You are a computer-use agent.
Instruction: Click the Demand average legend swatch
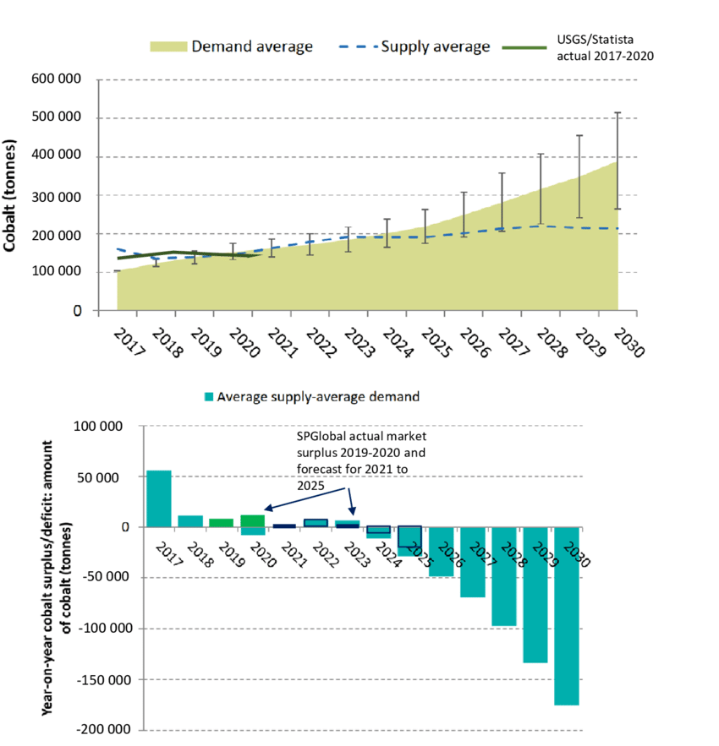(x=168, y=46)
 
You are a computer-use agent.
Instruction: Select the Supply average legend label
(x=436, y=46)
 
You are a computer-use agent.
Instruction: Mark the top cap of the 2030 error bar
(x=617, y=113)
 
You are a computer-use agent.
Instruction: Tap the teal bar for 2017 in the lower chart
(x=159, y=498)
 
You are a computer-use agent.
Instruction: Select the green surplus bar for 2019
(x=222, y=523)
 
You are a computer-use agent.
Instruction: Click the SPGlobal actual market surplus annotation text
(x=362, y=460)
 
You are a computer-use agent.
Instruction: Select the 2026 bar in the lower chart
(x=442, y=552)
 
